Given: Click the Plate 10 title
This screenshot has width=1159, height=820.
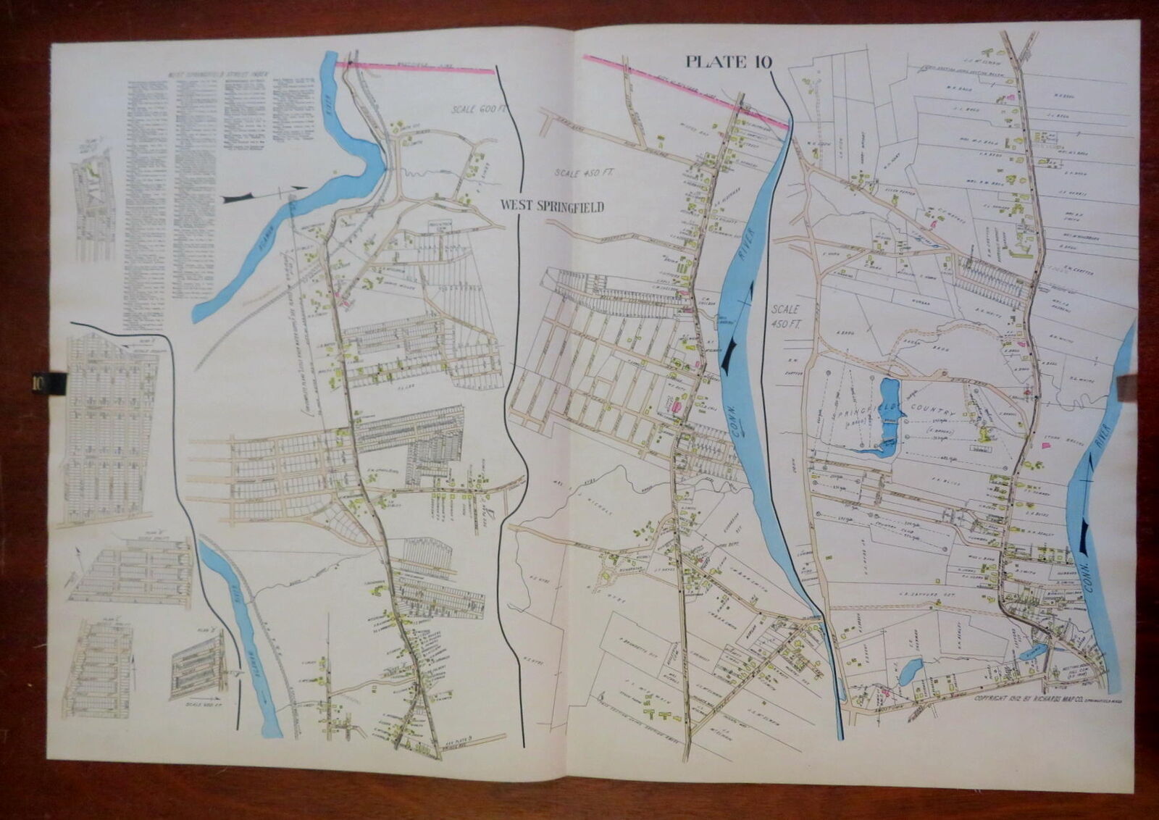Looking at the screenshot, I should click(729, 62).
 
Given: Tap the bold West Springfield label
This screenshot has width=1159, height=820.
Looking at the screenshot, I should click(552, 206).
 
